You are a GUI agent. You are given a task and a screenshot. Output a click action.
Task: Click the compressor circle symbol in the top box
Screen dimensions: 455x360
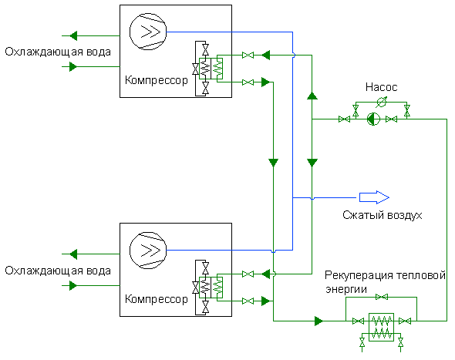pos(148,32)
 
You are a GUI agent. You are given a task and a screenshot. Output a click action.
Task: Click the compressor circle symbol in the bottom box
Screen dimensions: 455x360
pos(148,250)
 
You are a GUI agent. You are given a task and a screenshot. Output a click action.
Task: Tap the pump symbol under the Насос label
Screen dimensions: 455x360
pos(373,119)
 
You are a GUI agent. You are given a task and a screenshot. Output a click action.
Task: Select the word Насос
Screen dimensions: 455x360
pos(381,87)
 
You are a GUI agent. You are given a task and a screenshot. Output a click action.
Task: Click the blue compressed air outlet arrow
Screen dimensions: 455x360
pos(374,197)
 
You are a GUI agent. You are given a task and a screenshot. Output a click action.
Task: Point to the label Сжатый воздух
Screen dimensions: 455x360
pos(383,215)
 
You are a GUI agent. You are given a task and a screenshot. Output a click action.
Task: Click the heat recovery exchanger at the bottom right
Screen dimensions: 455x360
pos(381,327)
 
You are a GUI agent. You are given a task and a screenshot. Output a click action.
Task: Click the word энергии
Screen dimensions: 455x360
pos(346,290)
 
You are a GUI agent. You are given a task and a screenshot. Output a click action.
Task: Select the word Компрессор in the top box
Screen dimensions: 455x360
pos(157,80)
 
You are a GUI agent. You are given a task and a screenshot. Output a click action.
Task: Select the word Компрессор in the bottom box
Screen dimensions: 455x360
pos(157,299)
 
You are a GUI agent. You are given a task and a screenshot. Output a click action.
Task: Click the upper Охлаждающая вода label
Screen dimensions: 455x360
pos(58,52)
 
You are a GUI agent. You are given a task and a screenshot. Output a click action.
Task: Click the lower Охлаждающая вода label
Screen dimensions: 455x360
pos(58,271)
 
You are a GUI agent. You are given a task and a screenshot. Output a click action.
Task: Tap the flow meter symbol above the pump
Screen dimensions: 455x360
pos(381,102)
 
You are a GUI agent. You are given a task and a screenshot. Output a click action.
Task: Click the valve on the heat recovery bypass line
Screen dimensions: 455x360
pos(382,297)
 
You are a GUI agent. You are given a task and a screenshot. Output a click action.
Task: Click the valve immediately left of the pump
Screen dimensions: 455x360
pos(345,119)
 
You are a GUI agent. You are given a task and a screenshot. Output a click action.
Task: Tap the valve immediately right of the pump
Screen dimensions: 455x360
pos(392,119)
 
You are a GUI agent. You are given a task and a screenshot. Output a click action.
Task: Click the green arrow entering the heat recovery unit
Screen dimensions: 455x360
pos(319,321)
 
